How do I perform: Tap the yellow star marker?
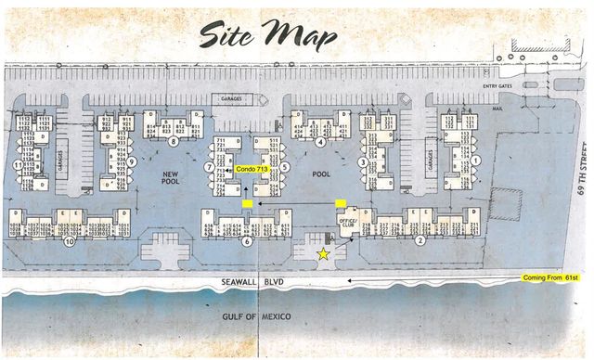(323, 253)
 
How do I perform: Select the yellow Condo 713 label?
(250, 170)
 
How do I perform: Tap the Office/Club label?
(348, 221)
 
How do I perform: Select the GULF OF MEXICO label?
(256, 317)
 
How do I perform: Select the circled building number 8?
(173, 142)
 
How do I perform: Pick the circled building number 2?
(420, 241)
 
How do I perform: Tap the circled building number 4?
(319, 142)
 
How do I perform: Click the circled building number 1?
(475, 161)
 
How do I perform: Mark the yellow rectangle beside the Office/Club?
(341, 202)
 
